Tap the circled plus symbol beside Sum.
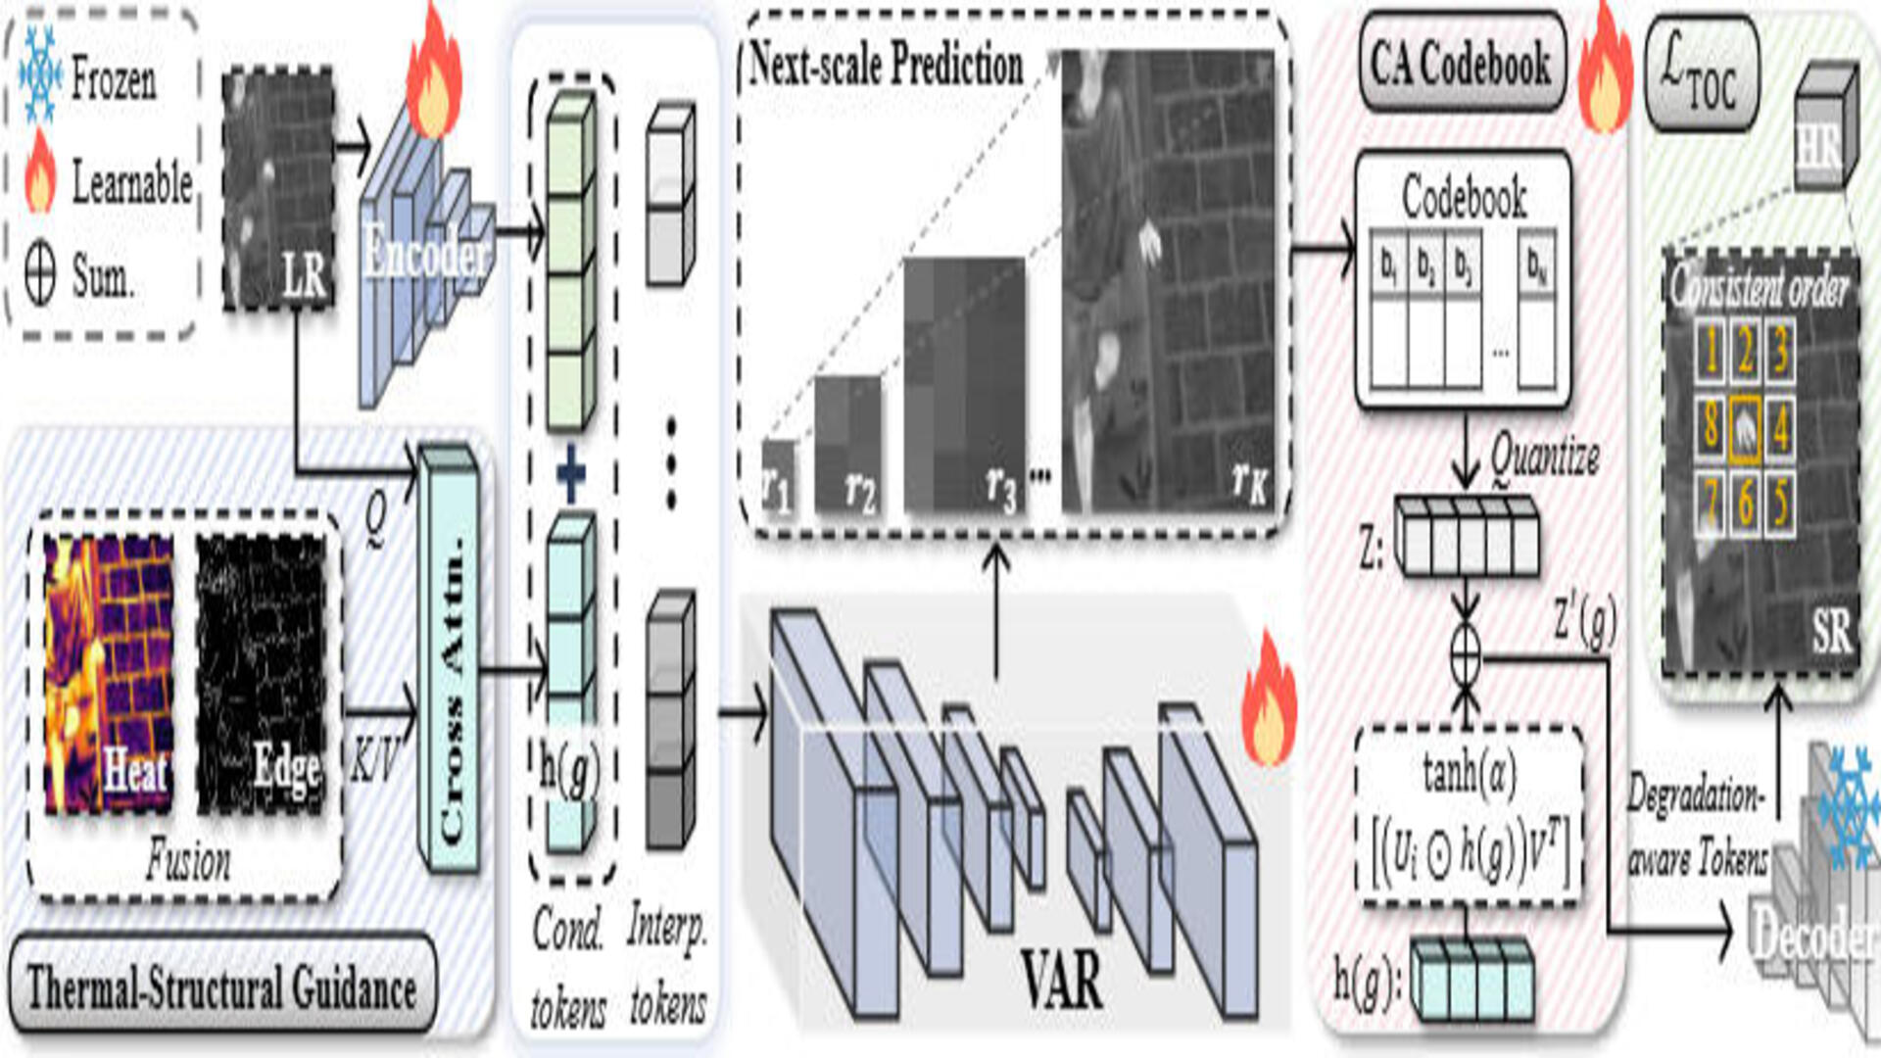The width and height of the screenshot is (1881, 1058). (39, 276)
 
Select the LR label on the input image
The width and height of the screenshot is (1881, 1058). (304, 276)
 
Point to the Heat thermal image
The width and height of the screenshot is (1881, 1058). (110, 676)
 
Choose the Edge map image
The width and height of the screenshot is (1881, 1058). (261, 676)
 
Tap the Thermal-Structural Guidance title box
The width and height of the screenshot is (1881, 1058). (222, 986)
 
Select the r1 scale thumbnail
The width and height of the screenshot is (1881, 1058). (779, 478)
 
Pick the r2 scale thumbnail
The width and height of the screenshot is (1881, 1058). (848, 446)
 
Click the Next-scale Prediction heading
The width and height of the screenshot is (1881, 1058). (886, 65)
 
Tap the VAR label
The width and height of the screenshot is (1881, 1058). (1061, 980)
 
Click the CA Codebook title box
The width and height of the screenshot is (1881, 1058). (1461, 64)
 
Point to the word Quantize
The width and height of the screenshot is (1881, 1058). (1545, 457)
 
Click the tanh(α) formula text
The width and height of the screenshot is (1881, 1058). (1470, 774)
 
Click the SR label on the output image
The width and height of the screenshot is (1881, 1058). (1830, 632)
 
